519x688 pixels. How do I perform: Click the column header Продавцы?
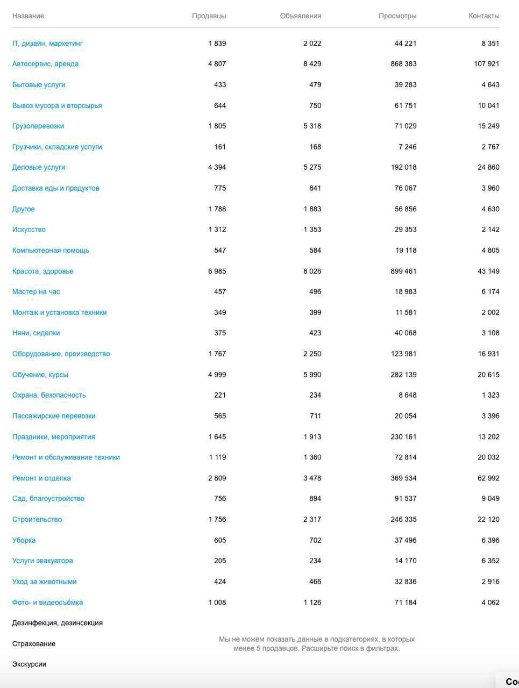(x=209, y=16)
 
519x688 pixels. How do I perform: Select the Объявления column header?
(x=300, y=16)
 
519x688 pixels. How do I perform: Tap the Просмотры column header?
(x=397, y=16)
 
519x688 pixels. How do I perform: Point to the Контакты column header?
(x=484, y=16)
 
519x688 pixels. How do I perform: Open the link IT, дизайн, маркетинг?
(x=47, y=44)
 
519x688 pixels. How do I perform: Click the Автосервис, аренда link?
(x=45, y=64)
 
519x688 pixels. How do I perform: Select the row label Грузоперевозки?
(x=38, y=126)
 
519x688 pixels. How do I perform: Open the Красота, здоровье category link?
(x=43, y=271)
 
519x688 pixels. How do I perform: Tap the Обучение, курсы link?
(x=40, y=375)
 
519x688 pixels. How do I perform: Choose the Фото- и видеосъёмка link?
(x=47, y=603)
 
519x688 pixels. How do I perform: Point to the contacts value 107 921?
(x=486, y=64)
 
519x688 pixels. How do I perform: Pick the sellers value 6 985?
(x=217, y=271)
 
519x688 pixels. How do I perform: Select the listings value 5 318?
(x=312, y=126)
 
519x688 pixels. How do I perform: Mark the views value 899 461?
(x=403, y=271)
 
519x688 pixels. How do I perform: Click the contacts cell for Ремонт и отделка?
(x=488, y=478)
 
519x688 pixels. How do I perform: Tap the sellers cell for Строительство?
(x=217, y=520)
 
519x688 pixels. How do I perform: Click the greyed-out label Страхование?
(x=34, y=644)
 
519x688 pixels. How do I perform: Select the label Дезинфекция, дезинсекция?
(x=58, y=623)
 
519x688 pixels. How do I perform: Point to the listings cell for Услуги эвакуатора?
(x=315, y=561)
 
